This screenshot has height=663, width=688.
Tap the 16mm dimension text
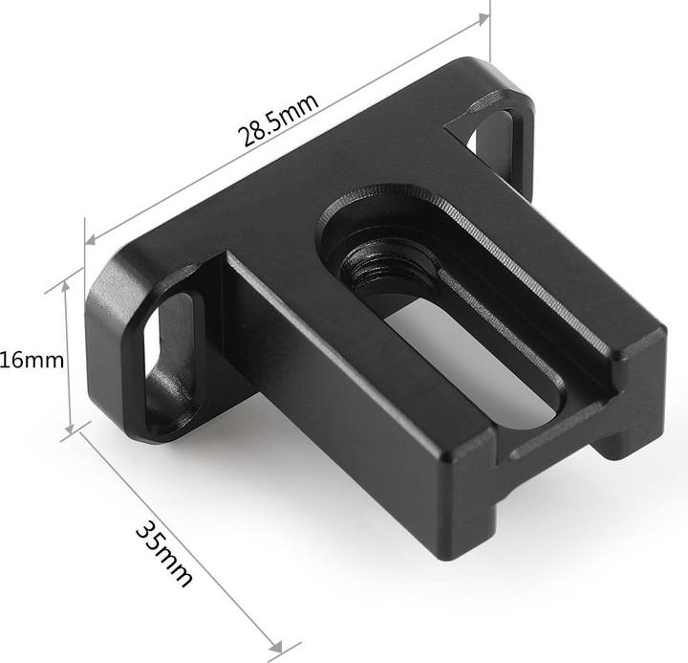click(x=32, y=360)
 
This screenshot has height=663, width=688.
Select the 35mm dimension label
click(x=164, y=552)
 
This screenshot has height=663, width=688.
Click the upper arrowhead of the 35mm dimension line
click(x=81, y=435)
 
